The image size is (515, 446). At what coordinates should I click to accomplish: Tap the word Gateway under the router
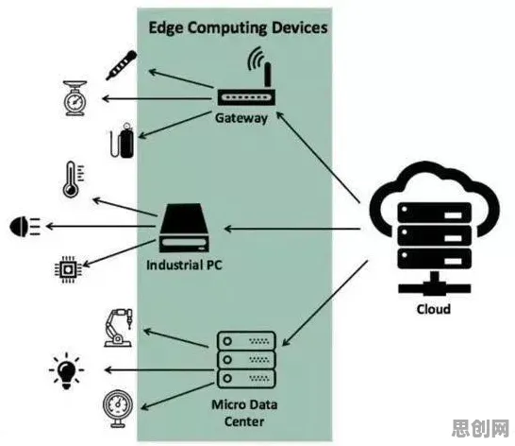coord(241,118)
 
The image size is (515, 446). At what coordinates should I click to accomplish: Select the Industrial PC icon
coord(184,228)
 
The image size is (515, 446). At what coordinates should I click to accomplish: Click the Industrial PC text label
coord(184,265)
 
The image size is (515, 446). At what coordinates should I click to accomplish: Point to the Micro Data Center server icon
coord(246,360)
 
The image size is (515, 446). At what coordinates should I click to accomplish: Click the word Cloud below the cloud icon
coord(434,309)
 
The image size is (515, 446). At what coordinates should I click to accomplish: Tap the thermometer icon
coord(73,180)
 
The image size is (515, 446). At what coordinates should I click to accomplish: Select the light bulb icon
coord(67,371)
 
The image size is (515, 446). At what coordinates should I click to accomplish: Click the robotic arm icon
coord(119,328)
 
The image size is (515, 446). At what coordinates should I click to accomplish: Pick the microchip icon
coord(68,269)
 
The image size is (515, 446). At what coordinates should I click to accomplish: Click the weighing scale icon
coord(75,98)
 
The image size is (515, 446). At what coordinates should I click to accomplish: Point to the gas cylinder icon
coord(123,140)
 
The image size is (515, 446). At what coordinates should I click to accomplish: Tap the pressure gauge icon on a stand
coord(118,408)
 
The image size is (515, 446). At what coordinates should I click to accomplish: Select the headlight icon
coord(25,227)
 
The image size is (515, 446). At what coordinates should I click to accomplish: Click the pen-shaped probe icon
coord(121,65)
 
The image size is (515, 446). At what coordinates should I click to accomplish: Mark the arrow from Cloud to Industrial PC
coord(292,229)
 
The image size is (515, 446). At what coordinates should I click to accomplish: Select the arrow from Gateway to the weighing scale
coord(157,98)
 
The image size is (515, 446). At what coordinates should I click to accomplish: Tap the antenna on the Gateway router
coord(268,75)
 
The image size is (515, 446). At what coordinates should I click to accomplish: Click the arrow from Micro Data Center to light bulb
coord(159,370)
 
